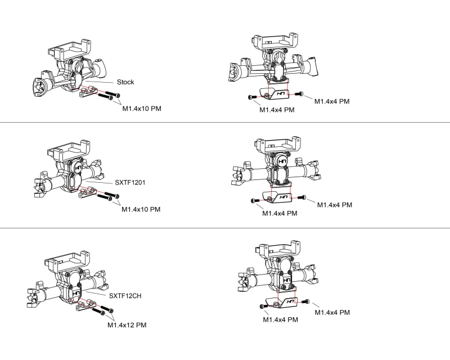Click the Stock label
pyautogui.click(x=125, y=82)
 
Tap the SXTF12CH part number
pyautogui.click(x=125, y=295)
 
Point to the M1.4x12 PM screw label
pyautogui.click(x=127, y=325)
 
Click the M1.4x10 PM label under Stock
pyautogui.click(x=142, y=108)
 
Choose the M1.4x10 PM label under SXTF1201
pyautogui.click(x=141, y=209)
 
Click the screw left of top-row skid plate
pyautogui.click(x=251, y=97)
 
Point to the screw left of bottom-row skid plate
pyautogui.click(x=263, y=306)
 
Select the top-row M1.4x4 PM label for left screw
pyautogui.click(x=277, y=110)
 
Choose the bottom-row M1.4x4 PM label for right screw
pyautogui.click(x=332, y=312)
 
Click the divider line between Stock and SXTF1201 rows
pyautogui.click(x=225, y=122)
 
